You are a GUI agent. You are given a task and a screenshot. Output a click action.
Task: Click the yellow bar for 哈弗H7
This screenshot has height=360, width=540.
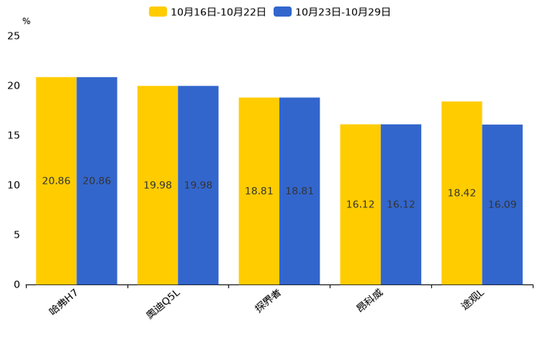(56, 181)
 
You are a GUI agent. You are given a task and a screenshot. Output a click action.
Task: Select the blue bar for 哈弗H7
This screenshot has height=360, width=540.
(97, 181)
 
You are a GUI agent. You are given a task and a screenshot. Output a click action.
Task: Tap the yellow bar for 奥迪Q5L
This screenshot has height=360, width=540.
(157, 185)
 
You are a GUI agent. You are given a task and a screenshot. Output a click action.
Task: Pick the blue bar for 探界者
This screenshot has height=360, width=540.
(300, 191)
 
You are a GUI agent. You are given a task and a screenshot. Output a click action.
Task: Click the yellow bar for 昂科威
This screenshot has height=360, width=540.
(361, 205)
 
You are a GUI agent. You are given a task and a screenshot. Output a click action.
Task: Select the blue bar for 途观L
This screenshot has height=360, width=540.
(502, 205)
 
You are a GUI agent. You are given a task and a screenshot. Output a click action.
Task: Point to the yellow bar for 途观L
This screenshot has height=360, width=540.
(462, 193)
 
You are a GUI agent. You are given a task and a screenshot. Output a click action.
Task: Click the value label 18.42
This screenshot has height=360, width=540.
(462, 193)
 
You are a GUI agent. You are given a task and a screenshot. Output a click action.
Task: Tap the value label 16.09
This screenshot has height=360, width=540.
(502, 205)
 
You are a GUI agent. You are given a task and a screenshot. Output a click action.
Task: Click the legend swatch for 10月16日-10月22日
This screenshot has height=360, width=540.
(158, 12)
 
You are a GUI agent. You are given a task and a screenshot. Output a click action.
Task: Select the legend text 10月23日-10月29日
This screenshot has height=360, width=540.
(343, 12)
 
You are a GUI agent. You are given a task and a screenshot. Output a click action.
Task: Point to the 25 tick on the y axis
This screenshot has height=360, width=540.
(14, 36)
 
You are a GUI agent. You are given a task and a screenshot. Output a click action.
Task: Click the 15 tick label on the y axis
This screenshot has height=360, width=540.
(14, 136)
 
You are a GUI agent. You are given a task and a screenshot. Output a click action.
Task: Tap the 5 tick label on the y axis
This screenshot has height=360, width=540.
(17, 235)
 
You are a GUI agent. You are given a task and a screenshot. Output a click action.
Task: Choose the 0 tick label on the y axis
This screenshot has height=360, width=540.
(17, 285)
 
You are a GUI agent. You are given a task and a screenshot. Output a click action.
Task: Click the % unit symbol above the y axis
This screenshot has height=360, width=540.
(27, 21)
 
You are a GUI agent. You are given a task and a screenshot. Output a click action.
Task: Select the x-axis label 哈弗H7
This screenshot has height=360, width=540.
(63, 302)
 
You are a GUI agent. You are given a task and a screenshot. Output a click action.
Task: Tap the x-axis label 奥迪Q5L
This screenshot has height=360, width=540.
(163, 305)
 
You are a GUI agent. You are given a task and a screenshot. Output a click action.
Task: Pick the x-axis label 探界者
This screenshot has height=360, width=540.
(268, 300)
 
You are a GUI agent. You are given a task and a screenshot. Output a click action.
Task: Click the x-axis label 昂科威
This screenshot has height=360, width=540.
(369, 300)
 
